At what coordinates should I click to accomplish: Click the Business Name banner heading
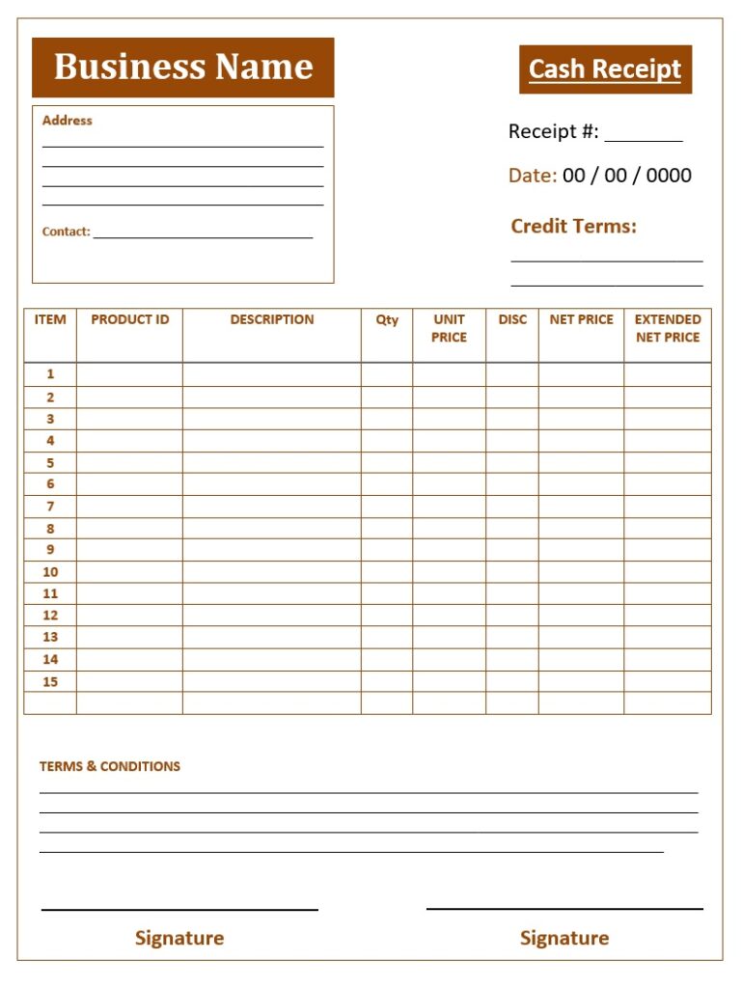183,67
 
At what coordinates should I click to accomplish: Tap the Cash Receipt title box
605,69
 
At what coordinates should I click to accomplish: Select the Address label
68,121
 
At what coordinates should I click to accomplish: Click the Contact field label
66,232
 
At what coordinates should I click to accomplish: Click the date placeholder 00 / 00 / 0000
627,176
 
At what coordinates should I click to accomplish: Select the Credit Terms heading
573,227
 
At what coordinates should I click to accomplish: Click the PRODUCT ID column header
129,319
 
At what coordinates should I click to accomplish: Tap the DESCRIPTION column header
272,319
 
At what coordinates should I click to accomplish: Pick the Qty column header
387,319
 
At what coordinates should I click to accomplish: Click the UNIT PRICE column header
449,328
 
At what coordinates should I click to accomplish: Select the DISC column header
512,319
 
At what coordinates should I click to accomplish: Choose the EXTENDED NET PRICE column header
668,328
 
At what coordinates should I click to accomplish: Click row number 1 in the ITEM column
50,374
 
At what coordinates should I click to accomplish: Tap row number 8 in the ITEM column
50,529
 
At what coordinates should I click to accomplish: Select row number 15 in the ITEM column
50,682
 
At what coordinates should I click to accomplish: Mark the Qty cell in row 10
387,572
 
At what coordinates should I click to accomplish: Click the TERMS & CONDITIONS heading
110,766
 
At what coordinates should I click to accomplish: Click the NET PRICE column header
581,319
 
